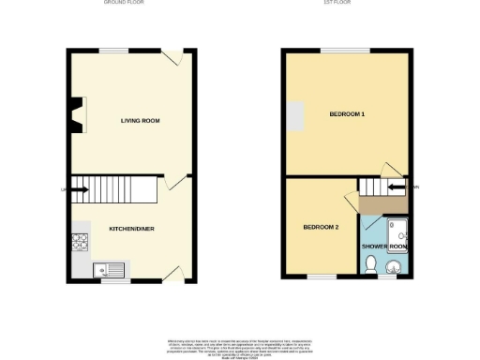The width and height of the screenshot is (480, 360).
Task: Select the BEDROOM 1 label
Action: pos(347,114)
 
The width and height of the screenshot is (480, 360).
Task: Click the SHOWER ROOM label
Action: pos(384,247)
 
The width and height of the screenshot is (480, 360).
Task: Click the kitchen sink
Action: pos(110,270)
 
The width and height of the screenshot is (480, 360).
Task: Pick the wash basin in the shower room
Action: pos(391,268)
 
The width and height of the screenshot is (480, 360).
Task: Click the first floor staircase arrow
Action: pos(396,187)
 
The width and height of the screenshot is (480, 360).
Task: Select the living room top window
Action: pos(114,50)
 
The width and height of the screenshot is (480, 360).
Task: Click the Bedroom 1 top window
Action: pos(345,50)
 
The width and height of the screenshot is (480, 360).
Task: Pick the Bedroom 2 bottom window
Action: pos(322,277)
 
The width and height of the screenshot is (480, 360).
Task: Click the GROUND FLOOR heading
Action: pos(128,4)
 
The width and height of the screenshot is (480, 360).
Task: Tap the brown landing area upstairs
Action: pos(380,203)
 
